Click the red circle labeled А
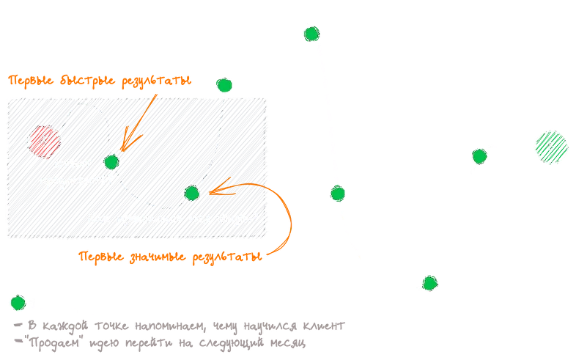tap(43, 139)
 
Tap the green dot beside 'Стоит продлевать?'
tap(111, 161)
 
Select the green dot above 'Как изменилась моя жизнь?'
tap(192, 194)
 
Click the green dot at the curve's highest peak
tap(311, 34)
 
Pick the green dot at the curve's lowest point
tap(430, 283)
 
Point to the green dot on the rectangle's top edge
tap(224, 85)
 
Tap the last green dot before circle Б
tap(479, 156)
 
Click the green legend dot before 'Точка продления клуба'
tap(15, 303)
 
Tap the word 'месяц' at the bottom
tap(289, 342)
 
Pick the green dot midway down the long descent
tap(337, 194)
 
